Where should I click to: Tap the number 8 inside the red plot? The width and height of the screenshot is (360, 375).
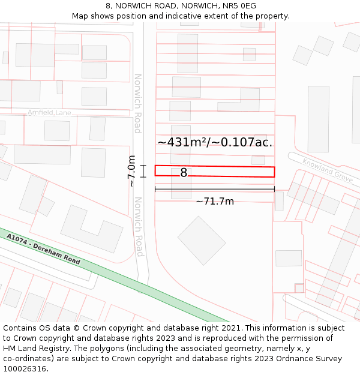[184, 173]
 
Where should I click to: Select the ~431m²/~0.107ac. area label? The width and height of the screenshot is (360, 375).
[215, 142]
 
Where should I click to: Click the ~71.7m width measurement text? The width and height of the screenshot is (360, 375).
[215, 202]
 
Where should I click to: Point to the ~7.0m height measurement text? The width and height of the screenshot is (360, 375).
[131, 172]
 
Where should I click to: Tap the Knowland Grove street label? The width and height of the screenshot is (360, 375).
[328, 170]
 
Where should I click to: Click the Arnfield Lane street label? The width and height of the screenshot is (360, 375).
[49, 112]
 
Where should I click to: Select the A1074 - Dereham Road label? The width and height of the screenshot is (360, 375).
[44, 250]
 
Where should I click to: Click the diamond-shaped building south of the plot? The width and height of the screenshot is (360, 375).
[202, 240]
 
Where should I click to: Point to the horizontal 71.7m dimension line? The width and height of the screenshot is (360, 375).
[215, 189]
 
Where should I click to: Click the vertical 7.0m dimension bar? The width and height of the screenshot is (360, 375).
[143, 172]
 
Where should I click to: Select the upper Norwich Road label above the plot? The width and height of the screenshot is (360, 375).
[137, 103]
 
